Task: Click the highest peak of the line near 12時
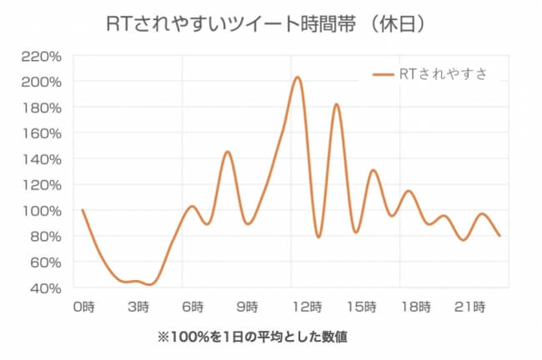point(297,77)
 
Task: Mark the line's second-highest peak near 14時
point(336,104)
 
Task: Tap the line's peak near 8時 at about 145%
point(227,152)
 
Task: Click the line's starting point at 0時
point(83,210)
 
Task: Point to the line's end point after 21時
point(499,236)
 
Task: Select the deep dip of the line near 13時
point(318,237)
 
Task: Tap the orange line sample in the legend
point(384,74)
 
